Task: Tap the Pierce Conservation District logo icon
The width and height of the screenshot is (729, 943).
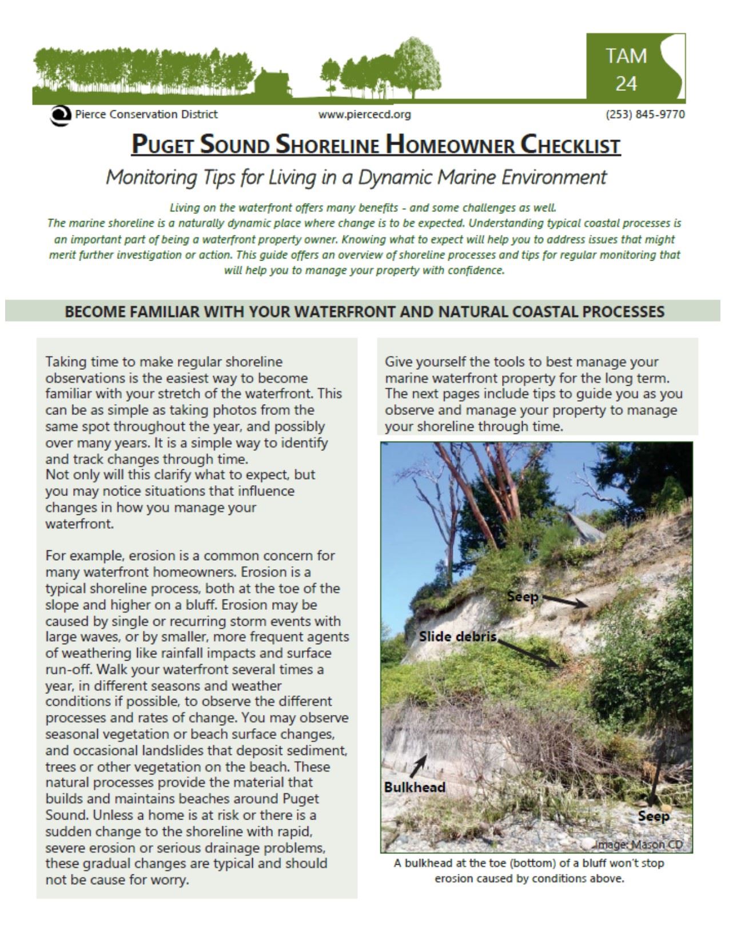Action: pos(58,114)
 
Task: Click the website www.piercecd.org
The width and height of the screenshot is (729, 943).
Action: pos(365,114)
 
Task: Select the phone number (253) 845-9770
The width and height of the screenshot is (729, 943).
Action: pos(645,114)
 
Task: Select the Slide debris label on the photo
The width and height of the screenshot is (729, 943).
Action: pos(457,636)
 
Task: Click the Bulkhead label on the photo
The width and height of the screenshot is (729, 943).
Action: pos(415,787)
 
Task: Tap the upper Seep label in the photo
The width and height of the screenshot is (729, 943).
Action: pos(523,597)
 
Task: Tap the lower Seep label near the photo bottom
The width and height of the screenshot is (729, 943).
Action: pos(654,816)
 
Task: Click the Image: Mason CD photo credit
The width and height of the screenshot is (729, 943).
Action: pos(639,844)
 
